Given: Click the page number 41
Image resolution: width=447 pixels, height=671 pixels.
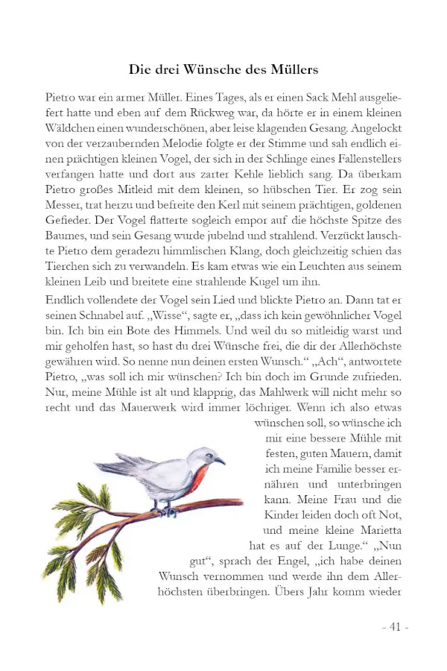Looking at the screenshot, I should pos(395,627).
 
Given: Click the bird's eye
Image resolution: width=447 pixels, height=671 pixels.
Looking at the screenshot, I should pos(211,456).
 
